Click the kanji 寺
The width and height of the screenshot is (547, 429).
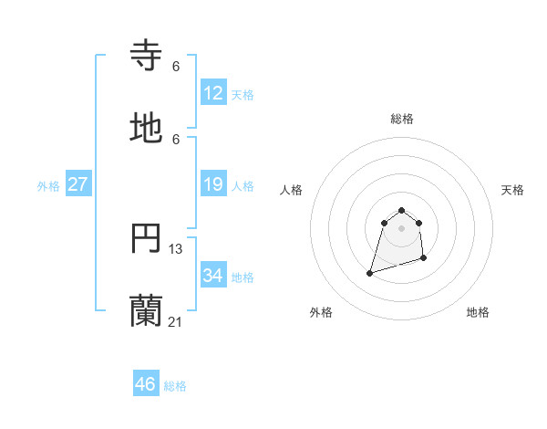[x=147, y=56]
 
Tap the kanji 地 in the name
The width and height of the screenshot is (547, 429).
[x=147, y=129]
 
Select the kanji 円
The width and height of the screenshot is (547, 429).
[x=147, y=239]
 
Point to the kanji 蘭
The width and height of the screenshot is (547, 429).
[x=147, y=311]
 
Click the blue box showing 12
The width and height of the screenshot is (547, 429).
[x=213, y=93]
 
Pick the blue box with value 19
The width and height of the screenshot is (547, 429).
[x=213, y=185]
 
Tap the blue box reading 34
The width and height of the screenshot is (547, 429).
[x=213, y=276]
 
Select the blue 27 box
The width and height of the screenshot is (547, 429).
[x=77, y=185]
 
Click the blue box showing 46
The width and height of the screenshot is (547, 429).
[x=146, y=384]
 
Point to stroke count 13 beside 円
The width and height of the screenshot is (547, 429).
[x=176, y=248]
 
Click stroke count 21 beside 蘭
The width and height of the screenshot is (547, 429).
[x=176, y=321]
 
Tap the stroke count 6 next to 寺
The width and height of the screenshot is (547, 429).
[x=176, y=66]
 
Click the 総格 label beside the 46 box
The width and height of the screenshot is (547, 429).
[x=175, y=386]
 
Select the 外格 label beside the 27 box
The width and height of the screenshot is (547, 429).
[x=48, y=186]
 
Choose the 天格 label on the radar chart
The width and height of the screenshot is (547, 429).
[x=512, y=190]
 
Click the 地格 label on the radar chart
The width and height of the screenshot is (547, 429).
[x=478, y=312]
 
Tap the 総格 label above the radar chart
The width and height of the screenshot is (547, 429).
[x=402, y=119]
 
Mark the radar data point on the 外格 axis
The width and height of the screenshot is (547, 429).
[x=370, y=272]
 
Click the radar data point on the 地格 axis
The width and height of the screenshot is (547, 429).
[x=424, y=259]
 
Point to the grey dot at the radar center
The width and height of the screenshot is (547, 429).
[x=401, y=228]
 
